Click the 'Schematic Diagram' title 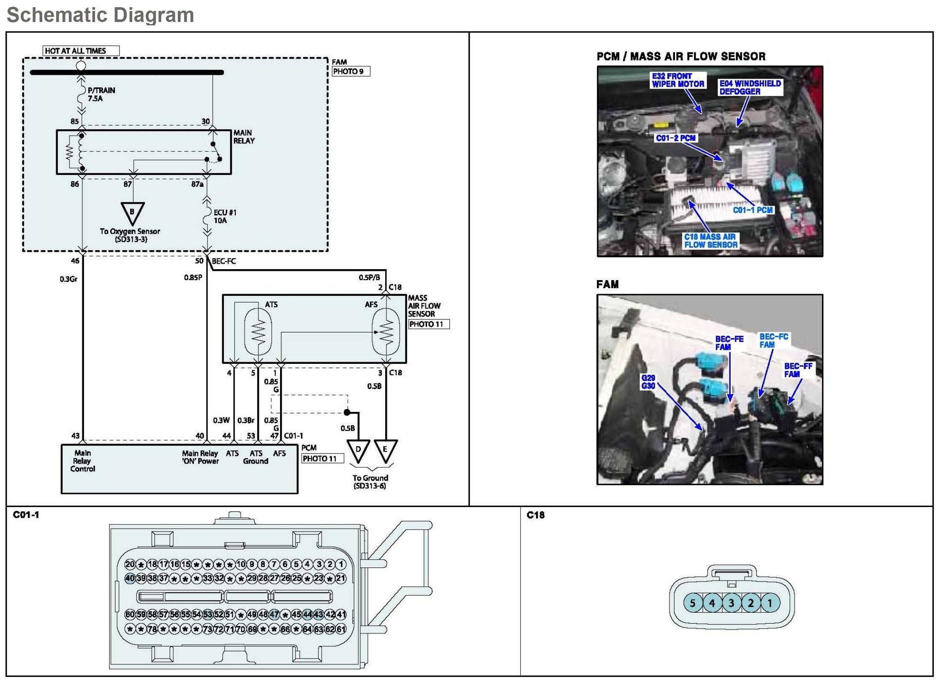coord(101,15)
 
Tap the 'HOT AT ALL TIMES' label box coord(81,51)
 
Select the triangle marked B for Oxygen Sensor coord(132,212)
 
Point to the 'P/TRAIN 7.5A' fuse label coord(101,94)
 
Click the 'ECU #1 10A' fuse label coord(225,216)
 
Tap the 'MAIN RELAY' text coord(244,137)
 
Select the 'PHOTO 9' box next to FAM coord(351,71)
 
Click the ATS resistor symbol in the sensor coord(258,332)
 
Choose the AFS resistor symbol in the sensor coord(386,332)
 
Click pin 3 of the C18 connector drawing coord(732,603)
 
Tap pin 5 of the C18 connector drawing coord(693,603)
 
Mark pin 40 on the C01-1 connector coord(130,578)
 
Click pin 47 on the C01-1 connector coord(274,614)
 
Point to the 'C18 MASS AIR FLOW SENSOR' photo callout coord(710,241)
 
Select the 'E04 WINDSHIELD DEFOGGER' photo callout coord(750,87)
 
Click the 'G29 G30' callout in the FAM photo coord(648,382)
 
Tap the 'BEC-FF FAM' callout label coord(798,370)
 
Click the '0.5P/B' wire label coord(369,278)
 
